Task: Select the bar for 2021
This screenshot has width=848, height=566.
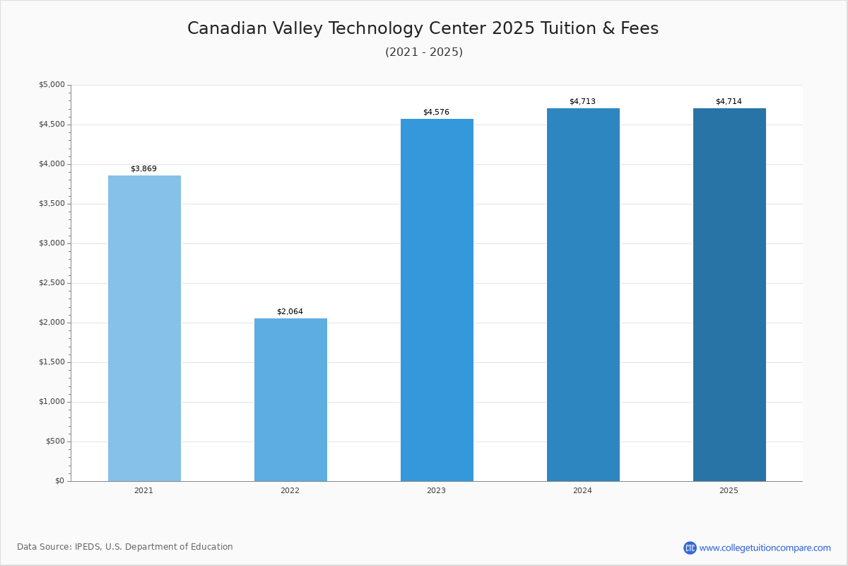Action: point(144,328)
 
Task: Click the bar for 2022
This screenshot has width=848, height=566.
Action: point(290,400)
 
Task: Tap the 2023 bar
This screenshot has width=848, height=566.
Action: point(437,300)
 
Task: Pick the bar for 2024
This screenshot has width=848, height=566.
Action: point(583,294)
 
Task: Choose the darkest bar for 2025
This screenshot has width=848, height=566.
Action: point(729,294)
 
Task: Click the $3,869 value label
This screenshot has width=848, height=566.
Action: point(143,169)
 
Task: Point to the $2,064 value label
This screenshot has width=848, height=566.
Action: point(290,312)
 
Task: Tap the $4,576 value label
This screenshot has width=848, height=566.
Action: point(436,112)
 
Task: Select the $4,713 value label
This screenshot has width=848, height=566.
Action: point(582,102)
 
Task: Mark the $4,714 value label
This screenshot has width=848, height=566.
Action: point(729,102)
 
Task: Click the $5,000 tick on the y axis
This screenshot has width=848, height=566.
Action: point(52,85)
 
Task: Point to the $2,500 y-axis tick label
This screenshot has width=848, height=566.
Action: point(52,283)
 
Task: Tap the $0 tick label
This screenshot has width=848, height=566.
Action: point(59,481)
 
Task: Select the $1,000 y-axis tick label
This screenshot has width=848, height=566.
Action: point(52,402)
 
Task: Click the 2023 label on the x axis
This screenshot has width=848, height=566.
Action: point(436,491)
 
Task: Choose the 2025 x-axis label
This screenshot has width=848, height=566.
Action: point(729,491)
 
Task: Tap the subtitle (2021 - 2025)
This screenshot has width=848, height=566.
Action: point(424,52)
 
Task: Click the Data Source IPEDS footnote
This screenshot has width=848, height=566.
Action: point(125,547)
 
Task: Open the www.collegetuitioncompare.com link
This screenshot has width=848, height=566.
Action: point(765,548)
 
